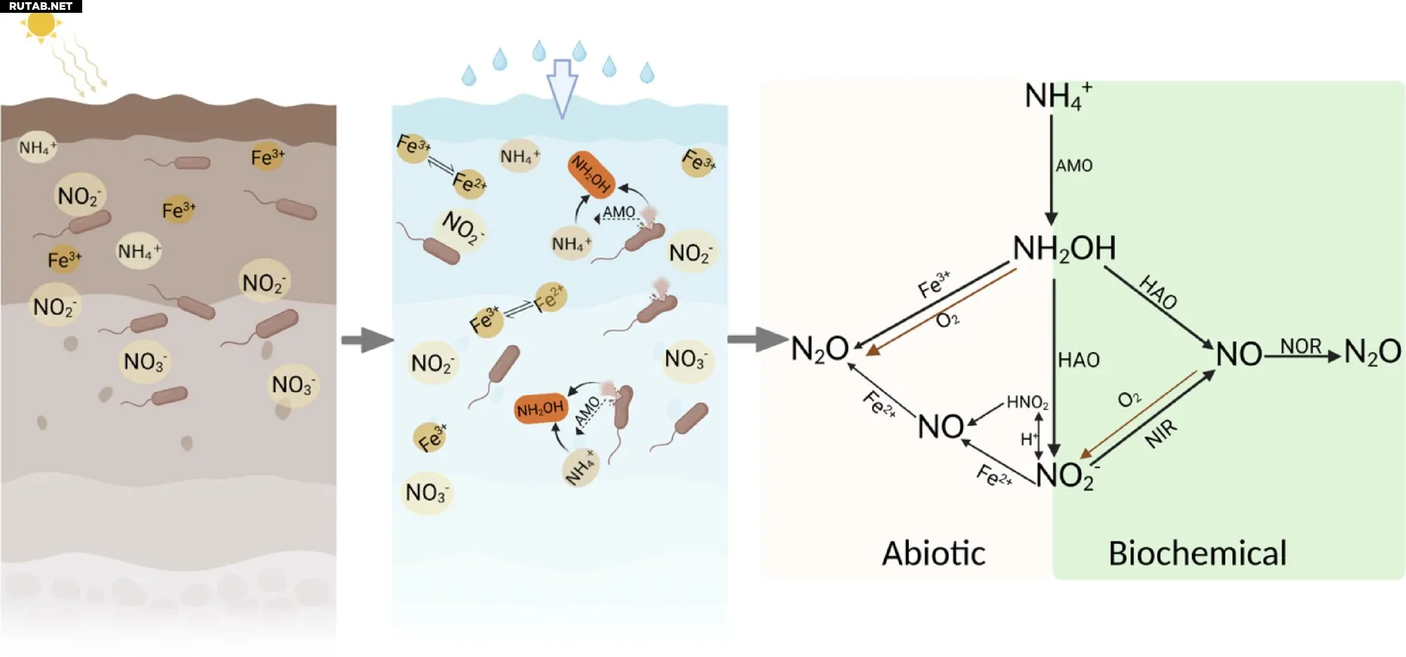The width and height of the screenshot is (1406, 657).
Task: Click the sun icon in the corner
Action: pyautogui.click(x=41, y=24)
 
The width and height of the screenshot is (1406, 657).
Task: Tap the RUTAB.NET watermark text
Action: pyautogui.click(x=41, y=6)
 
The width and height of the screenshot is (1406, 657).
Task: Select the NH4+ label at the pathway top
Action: pyautogui.click(x=1058, y=97)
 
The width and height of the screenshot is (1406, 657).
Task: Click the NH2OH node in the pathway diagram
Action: pyautogui.click(x=1064, y=249)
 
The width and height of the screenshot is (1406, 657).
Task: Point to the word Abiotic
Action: pyautogui.click(x=934, y=554)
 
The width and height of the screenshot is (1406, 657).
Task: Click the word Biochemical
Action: pyautogui.click(x=1197, y=554)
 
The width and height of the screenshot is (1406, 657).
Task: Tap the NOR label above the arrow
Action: pyautogui.click(x=1300, y=345)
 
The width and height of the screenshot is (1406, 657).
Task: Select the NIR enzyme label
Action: pyautogui.click(x=1161, y=434)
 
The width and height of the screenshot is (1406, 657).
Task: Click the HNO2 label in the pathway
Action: pyautogui.click(x=1027, y=403)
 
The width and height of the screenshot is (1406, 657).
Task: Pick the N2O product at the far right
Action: pyautogui.click(x=1372, y=352)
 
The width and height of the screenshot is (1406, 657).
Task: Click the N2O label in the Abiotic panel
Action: pyautogui.click(x=820, y=349)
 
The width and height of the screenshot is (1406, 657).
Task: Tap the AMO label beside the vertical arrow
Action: pyautogui.click(x=1074, y=165)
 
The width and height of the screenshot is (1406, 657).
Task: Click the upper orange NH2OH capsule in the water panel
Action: pyautogui.click(x=591, y=174)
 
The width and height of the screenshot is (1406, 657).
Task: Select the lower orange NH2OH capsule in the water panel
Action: pyautogui.click(x=540, y=409)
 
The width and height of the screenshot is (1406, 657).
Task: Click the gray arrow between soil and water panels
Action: pyautogui.click(x=367, y=340)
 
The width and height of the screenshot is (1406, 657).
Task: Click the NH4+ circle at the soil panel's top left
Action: pyautogui.click(x=37, y=148)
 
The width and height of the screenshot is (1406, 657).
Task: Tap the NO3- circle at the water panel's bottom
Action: pyautogui.click(x=426, y=493)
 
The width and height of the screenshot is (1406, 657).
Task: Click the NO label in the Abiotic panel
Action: pyautogui.click(x=941, y=427)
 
